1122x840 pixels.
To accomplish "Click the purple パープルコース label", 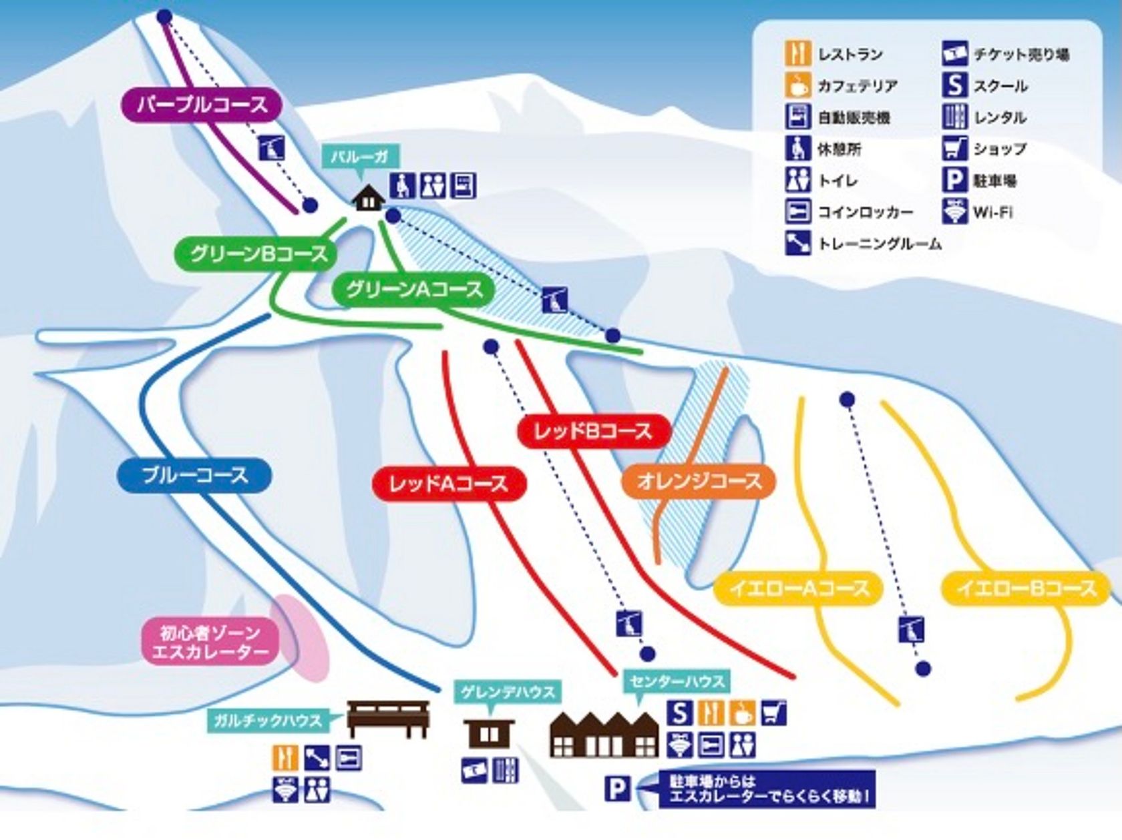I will (202, 105).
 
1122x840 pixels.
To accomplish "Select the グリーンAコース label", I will (414, 290).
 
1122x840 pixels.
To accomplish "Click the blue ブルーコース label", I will (194, 476).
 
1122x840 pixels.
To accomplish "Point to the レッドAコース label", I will (449, 484).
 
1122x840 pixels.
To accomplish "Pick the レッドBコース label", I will (594, 431).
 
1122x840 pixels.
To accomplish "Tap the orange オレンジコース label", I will (699, 481).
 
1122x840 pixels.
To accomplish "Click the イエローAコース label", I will (799, 588).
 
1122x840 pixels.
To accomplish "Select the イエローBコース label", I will (1026, 588).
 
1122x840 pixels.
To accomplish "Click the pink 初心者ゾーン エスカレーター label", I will (209, 642).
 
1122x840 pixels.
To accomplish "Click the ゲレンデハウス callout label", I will (507, 692).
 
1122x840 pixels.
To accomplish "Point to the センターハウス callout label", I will (677, 682).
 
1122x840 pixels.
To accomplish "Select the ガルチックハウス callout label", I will (268, 720).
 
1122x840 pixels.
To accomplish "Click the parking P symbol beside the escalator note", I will (618, 789).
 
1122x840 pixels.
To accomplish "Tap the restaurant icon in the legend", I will (797, 54).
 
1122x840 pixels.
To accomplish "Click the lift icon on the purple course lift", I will (272, 147).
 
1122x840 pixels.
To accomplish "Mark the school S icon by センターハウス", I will (679, 713).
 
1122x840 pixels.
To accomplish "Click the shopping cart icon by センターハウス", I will (773, 713).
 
